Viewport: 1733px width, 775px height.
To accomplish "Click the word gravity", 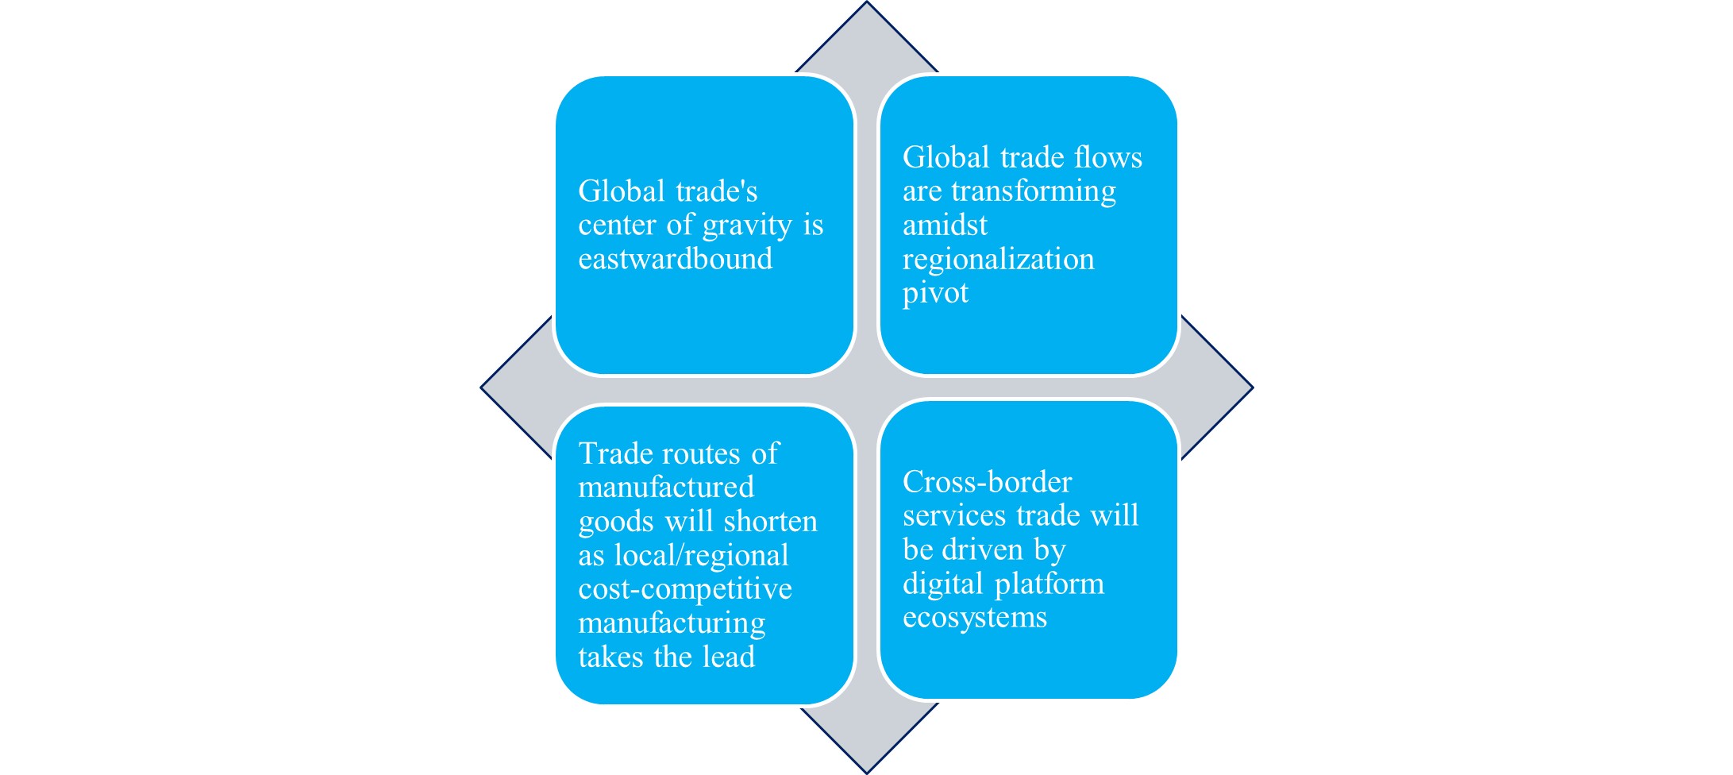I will click(747, 226).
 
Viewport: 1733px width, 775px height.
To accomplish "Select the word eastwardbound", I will click(675, 259).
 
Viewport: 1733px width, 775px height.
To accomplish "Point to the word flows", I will click(1107, 157).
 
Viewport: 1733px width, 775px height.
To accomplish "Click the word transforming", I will click(1034, 191).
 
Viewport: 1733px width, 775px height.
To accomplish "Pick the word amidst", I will click(945, 226).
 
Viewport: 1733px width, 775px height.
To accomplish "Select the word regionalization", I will click(998, 260).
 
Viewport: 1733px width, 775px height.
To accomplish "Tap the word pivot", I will click(935, 293).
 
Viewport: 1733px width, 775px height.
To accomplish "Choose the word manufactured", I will click(665, 487).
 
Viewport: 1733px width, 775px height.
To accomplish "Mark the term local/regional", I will click(701, 555).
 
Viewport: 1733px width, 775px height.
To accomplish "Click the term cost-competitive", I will click(684, 589).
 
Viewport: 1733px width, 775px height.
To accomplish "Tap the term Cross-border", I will click(987, 482).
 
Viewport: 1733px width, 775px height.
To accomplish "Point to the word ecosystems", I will click(974, 618).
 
